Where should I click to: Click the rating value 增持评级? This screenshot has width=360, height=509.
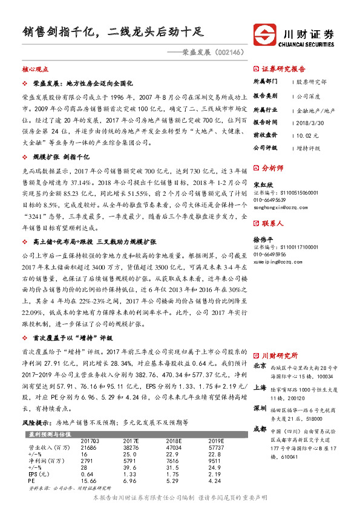(x=309, y=147)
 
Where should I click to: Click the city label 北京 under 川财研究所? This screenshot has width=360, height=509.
(x=259, y=366)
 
